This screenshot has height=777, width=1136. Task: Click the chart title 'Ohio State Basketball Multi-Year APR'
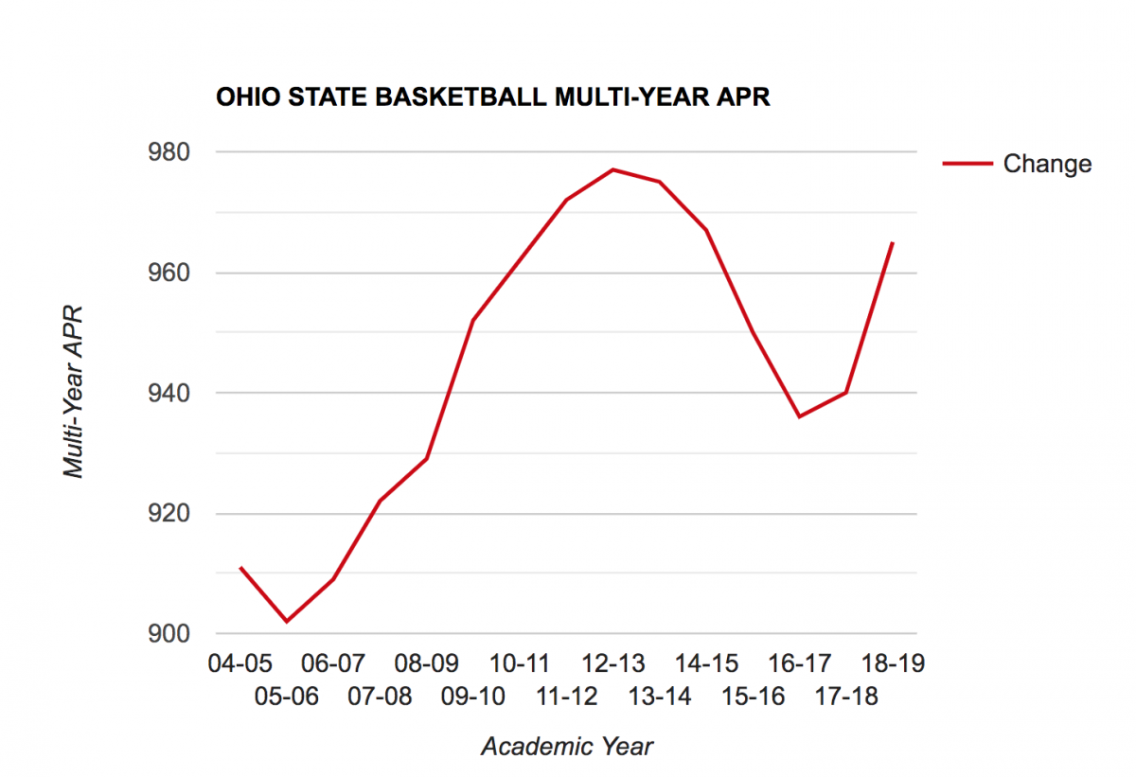492,97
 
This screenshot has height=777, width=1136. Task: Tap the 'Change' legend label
1047,164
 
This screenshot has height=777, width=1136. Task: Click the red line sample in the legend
967,164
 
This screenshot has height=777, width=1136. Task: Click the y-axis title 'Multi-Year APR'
74,391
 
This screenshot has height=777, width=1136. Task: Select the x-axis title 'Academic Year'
567,747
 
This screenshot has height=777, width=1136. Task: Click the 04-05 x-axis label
240,663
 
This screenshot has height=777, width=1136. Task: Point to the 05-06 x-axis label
287,698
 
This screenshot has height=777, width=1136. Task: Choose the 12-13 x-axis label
612,663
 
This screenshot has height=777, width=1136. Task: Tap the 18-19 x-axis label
893,663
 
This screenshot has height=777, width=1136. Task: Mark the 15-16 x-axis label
753,698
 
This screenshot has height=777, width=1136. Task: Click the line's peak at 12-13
613,169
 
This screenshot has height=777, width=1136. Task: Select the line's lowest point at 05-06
287,621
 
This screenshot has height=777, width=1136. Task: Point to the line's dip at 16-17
800,416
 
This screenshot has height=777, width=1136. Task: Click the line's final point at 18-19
893,243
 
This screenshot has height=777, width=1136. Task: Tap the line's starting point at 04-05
240,567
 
